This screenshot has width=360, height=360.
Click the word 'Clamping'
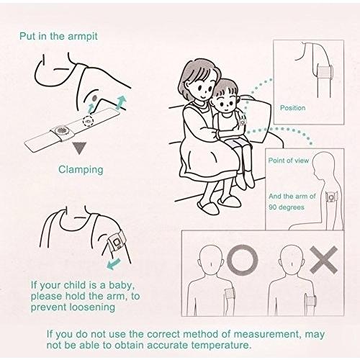click(81, 170)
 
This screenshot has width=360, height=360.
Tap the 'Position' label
click(292, 108)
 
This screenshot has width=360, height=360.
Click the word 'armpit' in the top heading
click(83, 37)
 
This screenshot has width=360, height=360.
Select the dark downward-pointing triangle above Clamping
click(79, 148)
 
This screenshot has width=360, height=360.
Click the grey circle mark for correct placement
click(243, 260)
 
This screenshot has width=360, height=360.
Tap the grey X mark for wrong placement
click(324, 260)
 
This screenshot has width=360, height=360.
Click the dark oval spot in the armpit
click(94, 98)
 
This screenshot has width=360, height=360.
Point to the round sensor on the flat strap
click(60, 131)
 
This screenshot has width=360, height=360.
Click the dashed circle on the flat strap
click(88, 122)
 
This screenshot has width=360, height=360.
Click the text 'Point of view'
click(288, 161)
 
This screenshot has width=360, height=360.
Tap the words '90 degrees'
click(287, 207)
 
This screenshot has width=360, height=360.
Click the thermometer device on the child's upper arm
click(243, 122)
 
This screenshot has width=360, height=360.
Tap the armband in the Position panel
click(325, 71)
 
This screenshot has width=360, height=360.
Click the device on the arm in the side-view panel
click(331, 198)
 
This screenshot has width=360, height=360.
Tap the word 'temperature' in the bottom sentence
click(221, 346)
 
